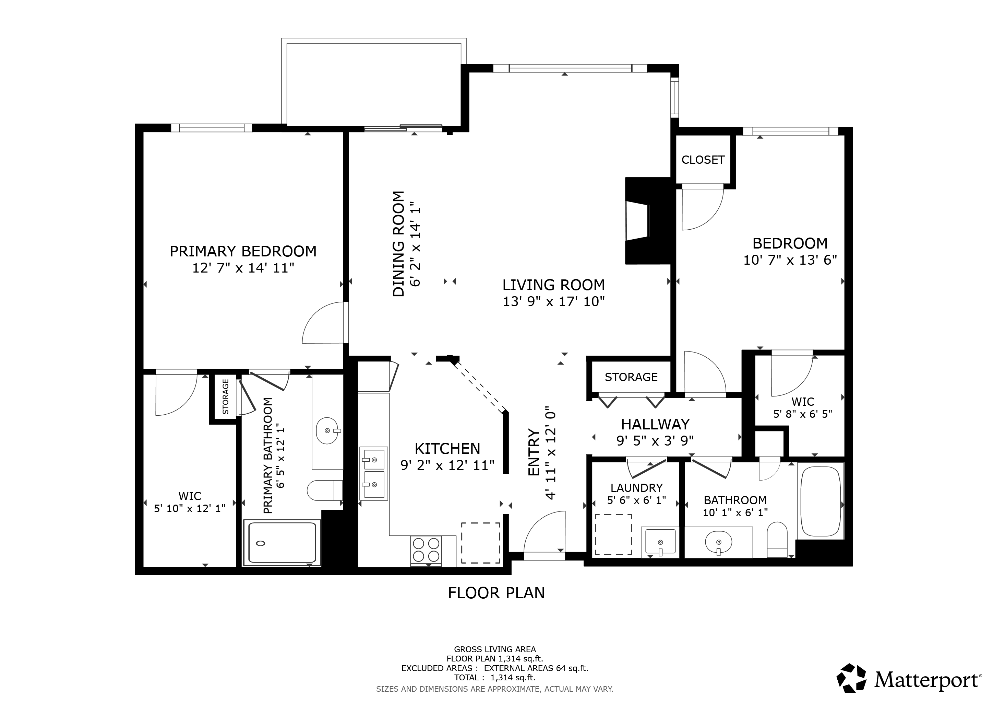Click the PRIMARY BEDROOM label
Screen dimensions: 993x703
(x=243, y=251)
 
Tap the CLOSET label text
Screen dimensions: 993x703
(x=703, y=160)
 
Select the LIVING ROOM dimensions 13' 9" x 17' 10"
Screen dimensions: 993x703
(x=553, y=301)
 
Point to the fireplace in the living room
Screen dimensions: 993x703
(x=648, y=221)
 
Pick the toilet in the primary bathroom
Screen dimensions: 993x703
(x=325, y=490)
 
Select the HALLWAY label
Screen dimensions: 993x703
(x=655, y=424)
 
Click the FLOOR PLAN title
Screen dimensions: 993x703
(x=496, y=592)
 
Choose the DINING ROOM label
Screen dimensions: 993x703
(x=398, y=244)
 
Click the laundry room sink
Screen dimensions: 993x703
(x=660, y=542)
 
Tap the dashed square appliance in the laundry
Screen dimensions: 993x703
(x=613, y=534)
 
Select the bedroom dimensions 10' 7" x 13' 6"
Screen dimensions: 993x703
(x=790, y=260)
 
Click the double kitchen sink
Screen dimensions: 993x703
(x=374, y=474)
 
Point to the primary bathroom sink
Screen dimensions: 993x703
(x=327, y=431)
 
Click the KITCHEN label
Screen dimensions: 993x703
(x=447, y=448)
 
